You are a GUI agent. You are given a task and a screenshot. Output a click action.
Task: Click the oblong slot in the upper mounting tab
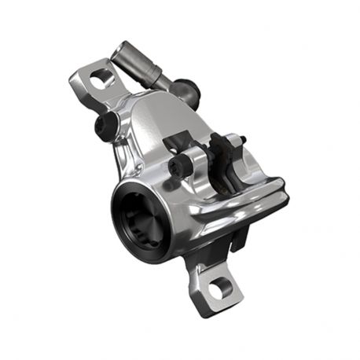point(101,79)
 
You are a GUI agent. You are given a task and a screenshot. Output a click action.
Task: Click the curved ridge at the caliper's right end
point(267,200)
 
